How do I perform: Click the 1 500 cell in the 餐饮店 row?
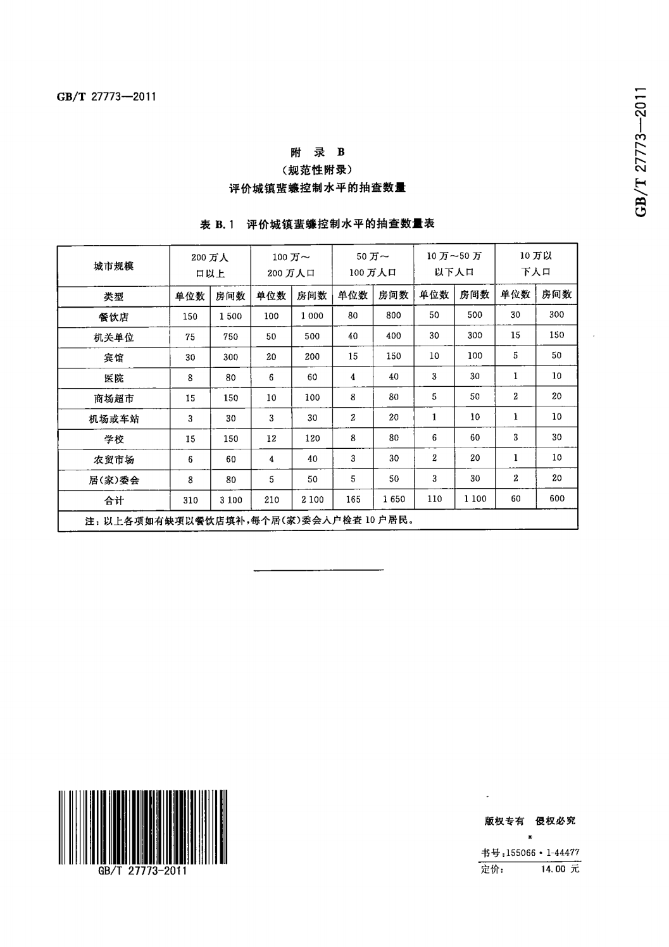pos(230,316)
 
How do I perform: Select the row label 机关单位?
pos(114,337)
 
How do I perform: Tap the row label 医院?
pos(114,378)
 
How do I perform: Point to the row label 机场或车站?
pos(114,418)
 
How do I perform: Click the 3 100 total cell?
pos(230,500)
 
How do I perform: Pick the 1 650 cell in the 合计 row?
pos(394,499)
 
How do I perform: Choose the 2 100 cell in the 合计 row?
pos(312,499)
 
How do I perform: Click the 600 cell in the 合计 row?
pos(556,498)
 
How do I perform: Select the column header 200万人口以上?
pos(209,265)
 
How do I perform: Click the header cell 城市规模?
pos(114,266)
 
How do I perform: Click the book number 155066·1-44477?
pos(530,853)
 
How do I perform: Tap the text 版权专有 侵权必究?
pos(530,821)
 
